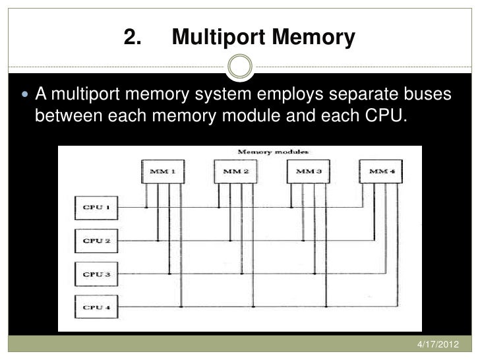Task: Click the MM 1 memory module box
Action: [163, 172]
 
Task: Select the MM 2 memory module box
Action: [235, 172]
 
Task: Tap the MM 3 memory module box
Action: [308, 172]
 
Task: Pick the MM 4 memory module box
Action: [380, 172]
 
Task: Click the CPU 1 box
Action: [96, 208]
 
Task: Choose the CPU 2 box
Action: [96, 241]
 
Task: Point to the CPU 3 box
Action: [96, 273]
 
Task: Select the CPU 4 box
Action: [96, 306]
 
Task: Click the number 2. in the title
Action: [134, 38]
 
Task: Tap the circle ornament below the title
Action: [239, 67]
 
